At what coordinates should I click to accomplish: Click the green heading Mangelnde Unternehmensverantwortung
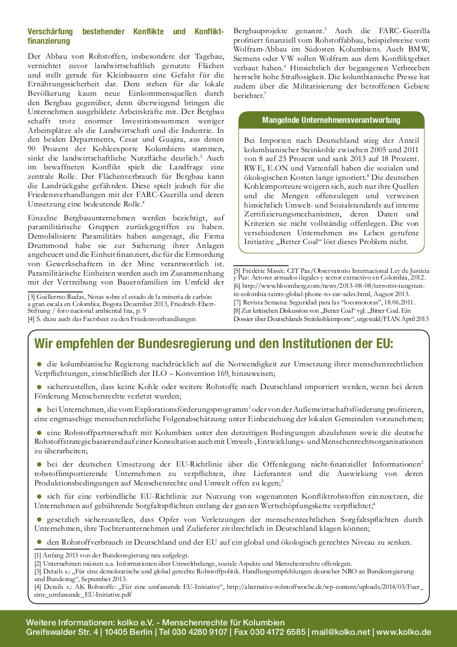coord(331,120)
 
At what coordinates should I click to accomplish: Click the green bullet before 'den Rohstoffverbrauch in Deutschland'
coord(40,541)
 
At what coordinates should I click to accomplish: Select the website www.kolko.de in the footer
coord(403,632)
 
